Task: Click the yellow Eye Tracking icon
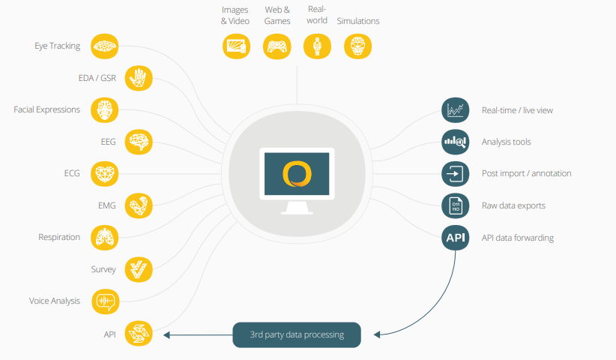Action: (104, 46)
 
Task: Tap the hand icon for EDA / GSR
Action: (139, 78)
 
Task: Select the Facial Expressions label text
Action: (46, 109)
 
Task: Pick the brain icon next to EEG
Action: (139, 142)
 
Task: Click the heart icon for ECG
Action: (104, 174)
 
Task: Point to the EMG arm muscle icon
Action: (139, 205)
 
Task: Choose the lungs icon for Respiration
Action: (104, 238)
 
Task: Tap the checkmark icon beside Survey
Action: (139, 269)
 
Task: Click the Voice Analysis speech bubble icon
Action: (105, 301)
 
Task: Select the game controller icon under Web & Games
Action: (277, 46)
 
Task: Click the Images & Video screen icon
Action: (236, 46)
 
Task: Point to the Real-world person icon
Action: (318, 46)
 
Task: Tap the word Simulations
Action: (358, 21)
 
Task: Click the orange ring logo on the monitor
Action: (297, 174)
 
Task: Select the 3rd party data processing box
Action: (297, 334)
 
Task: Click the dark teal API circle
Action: (456, 238)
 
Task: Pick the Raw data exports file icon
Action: (456, 205)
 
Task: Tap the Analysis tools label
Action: (506, 142)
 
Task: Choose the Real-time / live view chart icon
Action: (456, 110)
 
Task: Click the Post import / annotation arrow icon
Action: (456, 174)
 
